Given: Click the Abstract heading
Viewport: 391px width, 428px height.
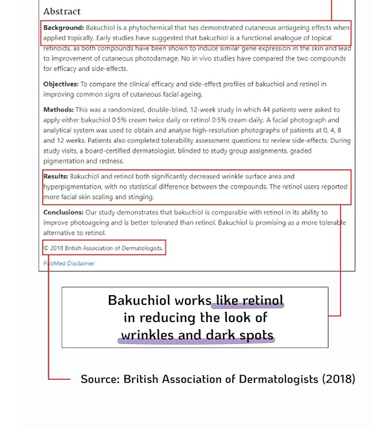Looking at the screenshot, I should pyautogui.click(x=62, y=12).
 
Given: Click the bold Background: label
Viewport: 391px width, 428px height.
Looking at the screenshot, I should pyautogui.click(x=63, y=28).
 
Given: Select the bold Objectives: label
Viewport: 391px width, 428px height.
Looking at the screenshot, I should pyautogui.click(x=60, y=84).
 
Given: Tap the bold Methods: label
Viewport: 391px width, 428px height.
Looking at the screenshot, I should pyautogui.click(x=58, y=109).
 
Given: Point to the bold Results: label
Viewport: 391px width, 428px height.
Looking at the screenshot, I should pyautogui.click(x=56, y=177).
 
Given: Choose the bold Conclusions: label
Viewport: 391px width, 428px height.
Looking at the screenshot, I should pyautogui.click(x=63, y=212).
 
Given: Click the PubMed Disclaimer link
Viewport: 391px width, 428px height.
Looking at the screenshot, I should pyautogui.click(x=69, y=263).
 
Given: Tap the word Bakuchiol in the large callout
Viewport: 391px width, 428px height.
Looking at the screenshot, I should pyautogui.click(x=139, y=300).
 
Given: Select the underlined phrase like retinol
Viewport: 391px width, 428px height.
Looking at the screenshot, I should pyautogui.click(x=249, y=300).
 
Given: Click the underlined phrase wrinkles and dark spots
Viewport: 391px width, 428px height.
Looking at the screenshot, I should pyautogui.click(x=196, y=335).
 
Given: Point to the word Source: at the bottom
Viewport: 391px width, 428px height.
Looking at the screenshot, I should pyautogui.click(x=100, y=379).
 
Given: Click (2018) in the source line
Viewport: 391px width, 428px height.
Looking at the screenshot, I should pyautogui.click(x=338, y=379).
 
